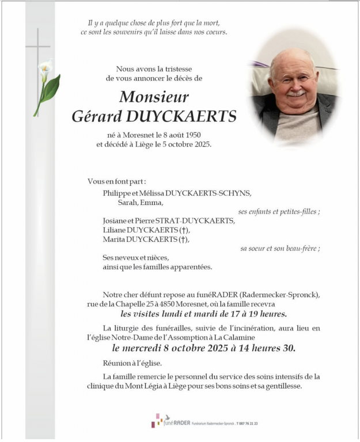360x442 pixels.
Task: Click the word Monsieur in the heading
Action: pyautogui.click(x=154, y=97)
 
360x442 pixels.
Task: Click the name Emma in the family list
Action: pyautogui.click(x=154, y=202)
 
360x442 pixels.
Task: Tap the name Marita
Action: pyautogui.click(x=115, y=239)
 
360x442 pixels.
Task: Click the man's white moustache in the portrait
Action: pyautogui.click(x=295, y=93)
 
